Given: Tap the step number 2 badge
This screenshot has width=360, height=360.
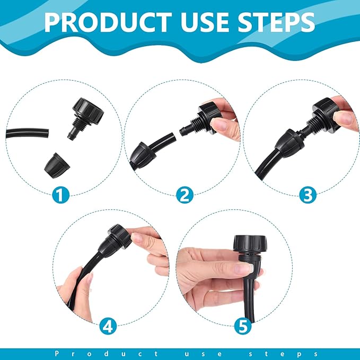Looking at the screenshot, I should pos(184,196).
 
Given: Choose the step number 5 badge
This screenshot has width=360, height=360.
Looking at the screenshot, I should pos(243,324).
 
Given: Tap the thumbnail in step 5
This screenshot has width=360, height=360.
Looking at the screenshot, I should pos(244,268).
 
